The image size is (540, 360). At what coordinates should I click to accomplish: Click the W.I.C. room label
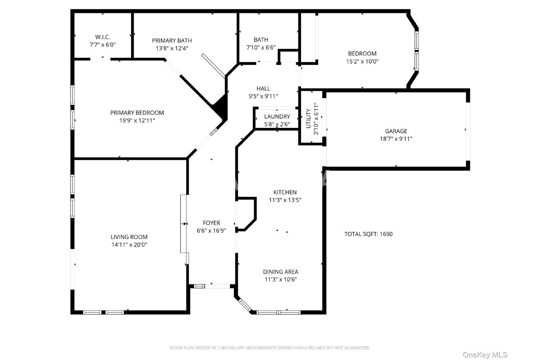click(x=103, y=37)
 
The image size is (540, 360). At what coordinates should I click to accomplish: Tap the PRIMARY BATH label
click(x=172, y=41)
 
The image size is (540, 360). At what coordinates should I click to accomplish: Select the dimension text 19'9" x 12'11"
click(x=137, y=120)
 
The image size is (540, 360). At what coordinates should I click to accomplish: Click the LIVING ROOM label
click(x=129, y=237)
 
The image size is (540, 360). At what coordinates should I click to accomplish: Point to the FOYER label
click(x=211, y=223)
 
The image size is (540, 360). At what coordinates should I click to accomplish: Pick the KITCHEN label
click(x=285, y=192)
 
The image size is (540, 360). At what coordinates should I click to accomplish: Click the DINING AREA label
click(x=280, y=272)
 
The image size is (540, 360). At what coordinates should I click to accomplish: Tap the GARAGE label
click(x=396, y=131)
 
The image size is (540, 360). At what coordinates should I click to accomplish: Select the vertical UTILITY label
click(x=308, y=118)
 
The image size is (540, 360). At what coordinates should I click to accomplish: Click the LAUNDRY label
click(x=277, y=117)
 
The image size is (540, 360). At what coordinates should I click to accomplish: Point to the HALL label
click(x=263, y=89)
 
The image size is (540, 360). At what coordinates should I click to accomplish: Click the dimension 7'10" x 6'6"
click(x=261, y=48)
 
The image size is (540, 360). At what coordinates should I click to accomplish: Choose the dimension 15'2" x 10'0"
click(x=362, y=61)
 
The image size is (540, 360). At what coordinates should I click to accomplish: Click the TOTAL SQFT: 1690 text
click(x=368, y=234)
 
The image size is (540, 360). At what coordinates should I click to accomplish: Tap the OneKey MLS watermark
click(x=485, y=355)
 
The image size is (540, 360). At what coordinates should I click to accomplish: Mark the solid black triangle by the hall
click(x=221, y=106)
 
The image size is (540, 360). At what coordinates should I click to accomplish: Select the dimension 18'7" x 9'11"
click(x=396, y=139)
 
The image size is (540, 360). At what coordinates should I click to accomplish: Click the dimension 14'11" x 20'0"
click(x=129, y=245)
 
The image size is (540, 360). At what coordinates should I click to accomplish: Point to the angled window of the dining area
click(x=244, y=305)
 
